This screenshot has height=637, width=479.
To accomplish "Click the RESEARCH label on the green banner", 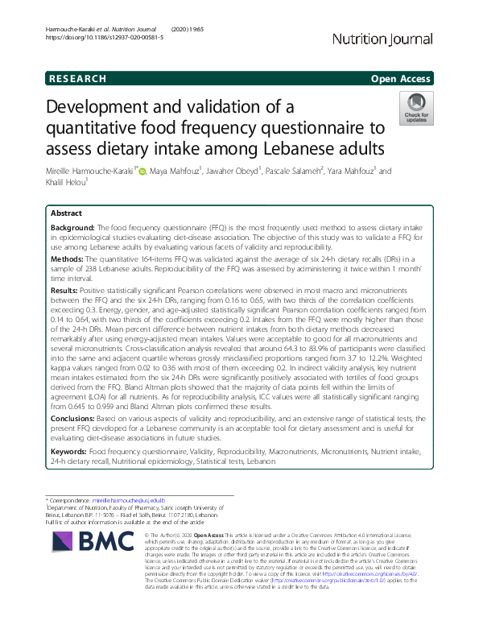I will click(x=77, y=79).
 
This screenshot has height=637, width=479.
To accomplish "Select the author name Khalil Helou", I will click(x=68, y=184).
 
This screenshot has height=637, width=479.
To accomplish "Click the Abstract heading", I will click(x=66, y=213).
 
